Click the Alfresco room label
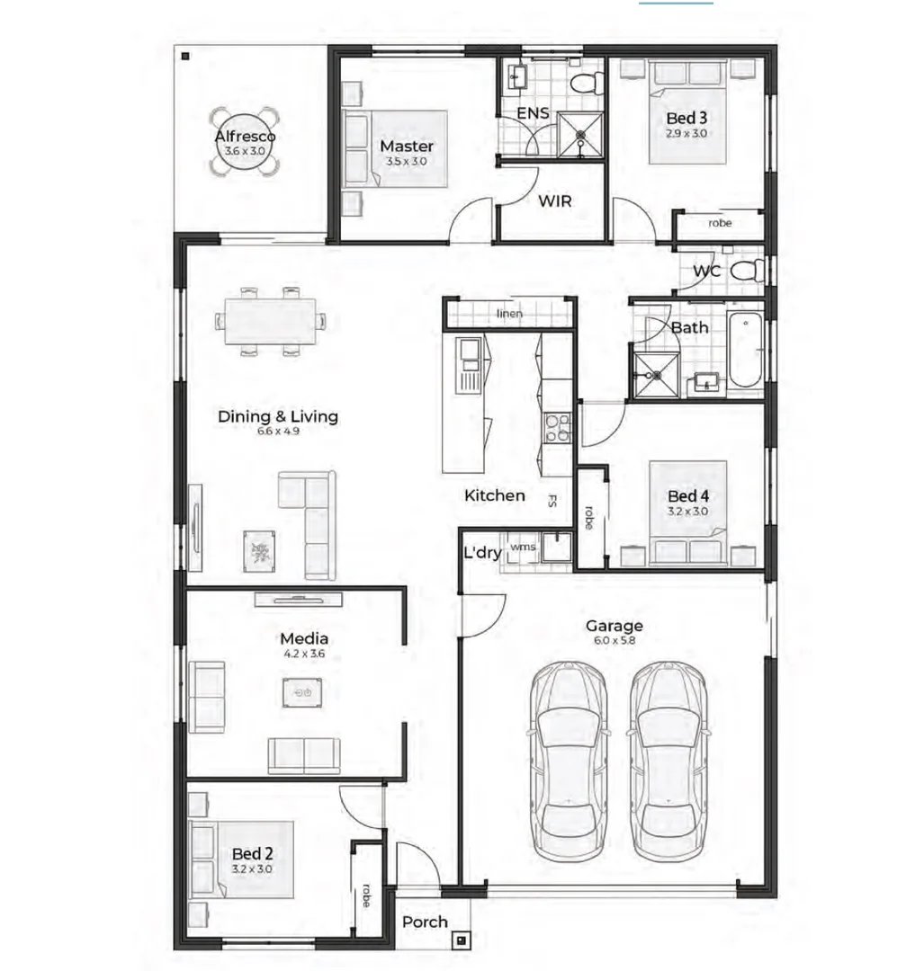[245, 137]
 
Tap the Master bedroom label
[406, 146]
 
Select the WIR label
[554, 200]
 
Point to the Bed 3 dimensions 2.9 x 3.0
[686, 133]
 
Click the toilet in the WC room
[749, 270]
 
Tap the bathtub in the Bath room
[744, 350]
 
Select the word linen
[509, 314]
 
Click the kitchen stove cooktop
[558, 428]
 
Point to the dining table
[270, 321]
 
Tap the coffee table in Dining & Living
[261, 548]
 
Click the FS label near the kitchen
[552, 502]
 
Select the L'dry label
[482, 553]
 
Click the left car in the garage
[567, 760]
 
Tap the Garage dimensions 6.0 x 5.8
[615, 641]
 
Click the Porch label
[425, 922]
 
